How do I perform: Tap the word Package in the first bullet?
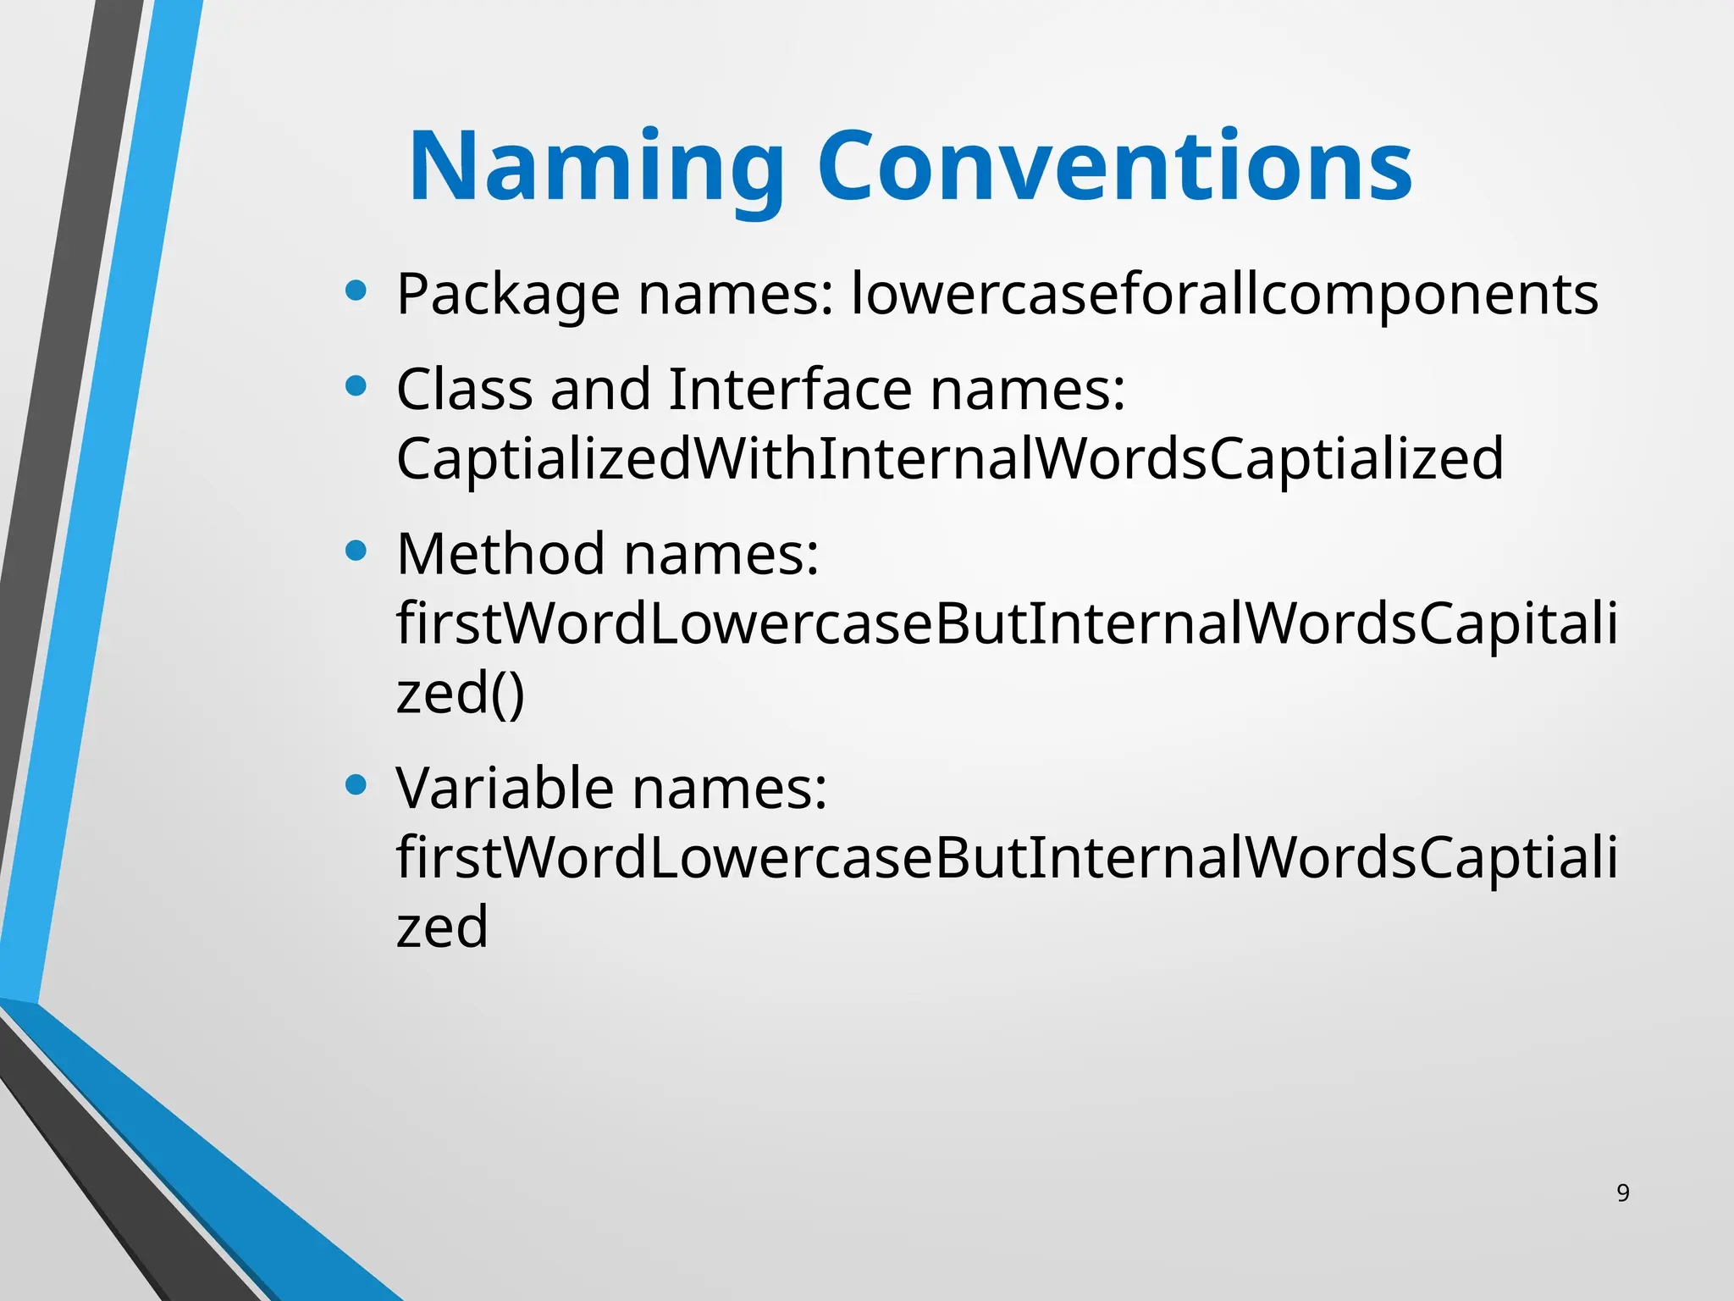point(508,295)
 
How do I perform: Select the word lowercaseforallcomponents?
point(1224,295)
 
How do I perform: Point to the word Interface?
point(789,390)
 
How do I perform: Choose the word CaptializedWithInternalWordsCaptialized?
point(949,458)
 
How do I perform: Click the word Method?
point(500,554)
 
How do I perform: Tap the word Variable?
point(505,788)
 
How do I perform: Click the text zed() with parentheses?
point(461,693)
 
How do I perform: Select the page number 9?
point(1622,1193)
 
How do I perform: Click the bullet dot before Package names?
point(356,291)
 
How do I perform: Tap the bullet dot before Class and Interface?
point(356,387)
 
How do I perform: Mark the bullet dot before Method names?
point(356,551)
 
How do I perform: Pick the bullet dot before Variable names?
point(356,784)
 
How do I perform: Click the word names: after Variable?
point(729,788)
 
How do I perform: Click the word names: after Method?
point(721,554)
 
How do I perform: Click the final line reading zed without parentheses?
point(442,926)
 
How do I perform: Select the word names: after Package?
point(736,295)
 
